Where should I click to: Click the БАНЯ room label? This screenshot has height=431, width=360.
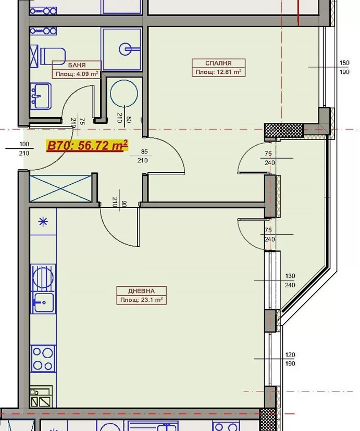pyautogui.click(x=77, y=65)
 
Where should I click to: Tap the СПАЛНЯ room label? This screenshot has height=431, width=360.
pyautogui.click(x=218, y=63)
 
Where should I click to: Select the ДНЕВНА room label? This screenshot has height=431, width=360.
pyautogui.click(x=141, y=291)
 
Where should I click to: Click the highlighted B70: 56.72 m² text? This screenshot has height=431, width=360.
pyautogui.click(x=88, y=145)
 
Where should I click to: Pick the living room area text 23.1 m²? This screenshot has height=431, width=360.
pyautogui.click(x=152, y=300)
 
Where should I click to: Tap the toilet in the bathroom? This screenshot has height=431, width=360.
pyautogui.click(x=53, y=56)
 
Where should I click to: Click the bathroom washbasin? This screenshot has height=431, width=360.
pyautogui.click(x=41, y=96)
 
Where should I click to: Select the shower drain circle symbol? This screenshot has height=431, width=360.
pyautogui.click(x=126, y=49)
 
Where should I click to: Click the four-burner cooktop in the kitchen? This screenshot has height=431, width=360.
pyautogui.click(x=43, y=359)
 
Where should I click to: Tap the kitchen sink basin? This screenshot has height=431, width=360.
pyautogui.click(x=43, y=302)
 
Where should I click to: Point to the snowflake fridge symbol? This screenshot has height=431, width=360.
pyautogui.click(x=43, y=222)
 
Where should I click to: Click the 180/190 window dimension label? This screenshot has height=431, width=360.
pyautogui.click(x=344, y=67)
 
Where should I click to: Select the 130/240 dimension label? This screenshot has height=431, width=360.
pyautogui.click(x=290, y=281)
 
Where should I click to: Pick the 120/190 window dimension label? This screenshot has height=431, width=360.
pyautogui.click(x=290, y=359)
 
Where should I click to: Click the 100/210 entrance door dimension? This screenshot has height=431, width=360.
pyautogui.click(x=24, y=148)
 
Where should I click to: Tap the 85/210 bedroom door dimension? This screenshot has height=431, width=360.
pyautogui.click(x=143, y=156)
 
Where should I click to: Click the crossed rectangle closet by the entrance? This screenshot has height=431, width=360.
pyautogui.click(x=60, y=188)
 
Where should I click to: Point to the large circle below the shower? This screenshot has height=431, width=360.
pyautogui.click(x=124, y=94)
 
